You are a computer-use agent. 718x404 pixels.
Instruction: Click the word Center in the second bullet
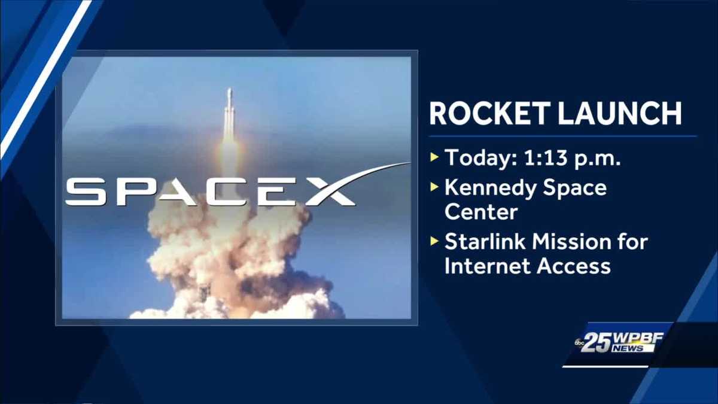pos(480,212)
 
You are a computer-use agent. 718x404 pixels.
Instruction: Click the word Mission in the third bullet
pos(575,242)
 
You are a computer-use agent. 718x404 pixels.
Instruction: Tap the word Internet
pos(487,266)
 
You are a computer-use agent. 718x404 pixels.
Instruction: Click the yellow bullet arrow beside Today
pos(434,158)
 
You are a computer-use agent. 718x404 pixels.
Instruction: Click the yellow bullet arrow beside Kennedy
pos(434,187)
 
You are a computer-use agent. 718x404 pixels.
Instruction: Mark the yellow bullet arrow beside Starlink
pos(434,242)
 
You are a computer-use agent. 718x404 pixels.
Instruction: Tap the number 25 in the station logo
pos(596,343)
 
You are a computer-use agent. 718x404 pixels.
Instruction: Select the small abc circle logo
pos(579,342)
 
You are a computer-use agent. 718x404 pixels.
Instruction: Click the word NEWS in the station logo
pos(628,348)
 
